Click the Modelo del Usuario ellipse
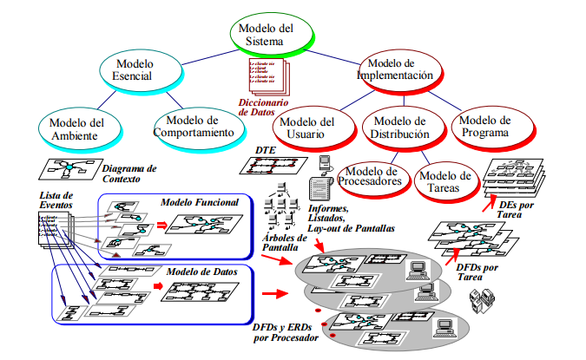[x=308, y=128]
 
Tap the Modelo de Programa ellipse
[x=484, y=126]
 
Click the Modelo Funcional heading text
[x=201, y=202]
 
